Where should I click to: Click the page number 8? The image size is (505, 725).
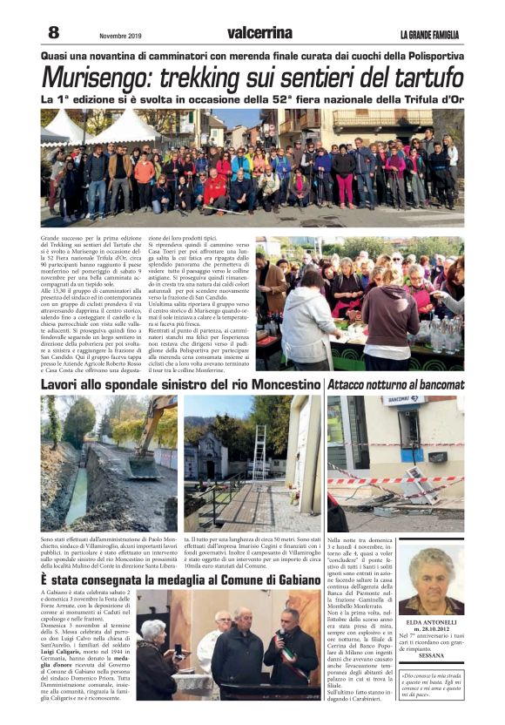[x=53, y=32]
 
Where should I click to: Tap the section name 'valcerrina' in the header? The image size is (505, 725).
[x=259, y=33]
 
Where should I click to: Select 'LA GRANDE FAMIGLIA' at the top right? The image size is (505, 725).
[x=431, y=35]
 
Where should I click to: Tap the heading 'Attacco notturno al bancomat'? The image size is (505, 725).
[x=395, y=384]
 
